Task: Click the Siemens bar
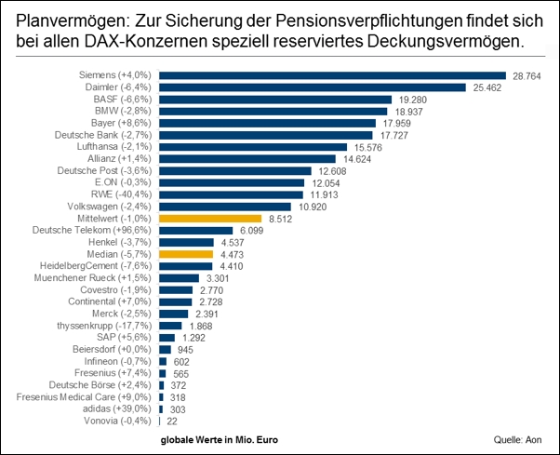(x=332, y=75)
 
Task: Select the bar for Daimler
(x=312, y=87)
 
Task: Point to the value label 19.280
(x=412, y=100)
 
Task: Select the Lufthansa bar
(x=252, y=147)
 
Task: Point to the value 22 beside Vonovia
(x=172, y=421)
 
